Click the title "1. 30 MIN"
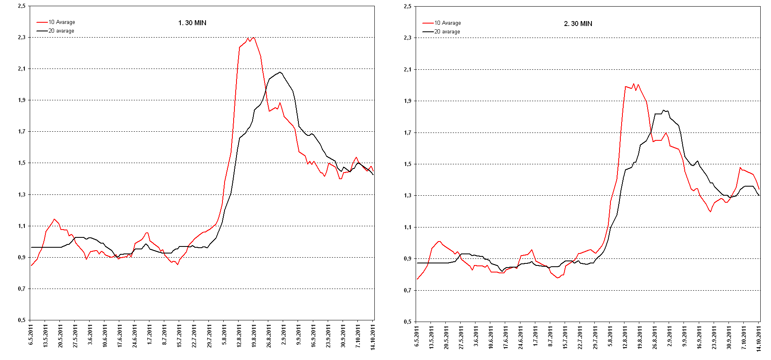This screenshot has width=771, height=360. click(192, 23)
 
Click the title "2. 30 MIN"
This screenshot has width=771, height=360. click(578, 24)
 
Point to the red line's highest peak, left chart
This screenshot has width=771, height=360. click(253, 38)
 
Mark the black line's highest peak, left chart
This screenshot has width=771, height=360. click(280, 72)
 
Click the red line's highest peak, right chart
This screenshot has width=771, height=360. click(634, 84)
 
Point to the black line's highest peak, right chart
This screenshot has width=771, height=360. click(663, 110)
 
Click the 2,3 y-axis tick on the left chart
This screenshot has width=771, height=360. click(21, 38)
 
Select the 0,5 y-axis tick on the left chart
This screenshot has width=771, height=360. click(21, 320)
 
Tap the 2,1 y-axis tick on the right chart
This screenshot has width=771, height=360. click(407, 69)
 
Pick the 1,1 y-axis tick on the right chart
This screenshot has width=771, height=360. click(407, 227)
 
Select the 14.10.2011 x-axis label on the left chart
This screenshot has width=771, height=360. click(373, 337)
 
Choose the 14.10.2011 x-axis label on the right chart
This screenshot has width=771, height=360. click(759, 338)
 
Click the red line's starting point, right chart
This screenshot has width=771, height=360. click(417, 279)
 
